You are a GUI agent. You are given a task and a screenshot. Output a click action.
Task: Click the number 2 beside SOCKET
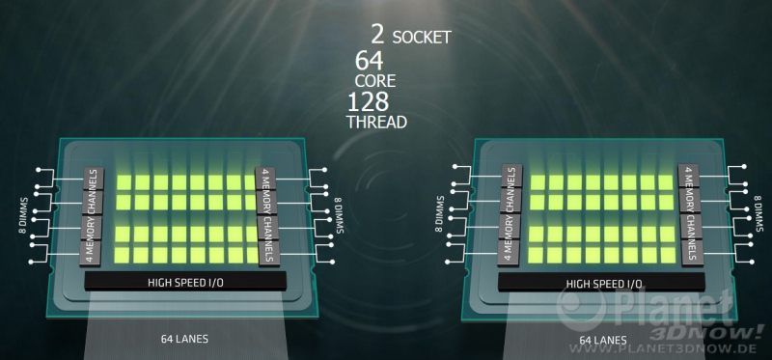point(377,35)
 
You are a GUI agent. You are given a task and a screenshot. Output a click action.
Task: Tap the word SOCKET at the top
point(422,38)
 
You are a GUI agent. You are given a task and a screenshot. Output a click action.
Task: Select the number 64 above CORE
point(369,61)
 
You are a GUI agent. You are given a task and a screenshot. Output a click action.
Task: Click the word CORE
point(375,81)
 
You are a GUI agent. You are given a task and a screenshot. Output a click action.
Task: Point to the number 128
point(369,102)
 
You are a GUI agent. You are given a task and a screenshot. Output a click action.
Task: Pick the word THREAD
point(376,122)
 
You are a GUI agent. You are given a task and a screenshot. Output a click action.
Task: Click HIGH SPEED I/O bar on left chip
point(185,281)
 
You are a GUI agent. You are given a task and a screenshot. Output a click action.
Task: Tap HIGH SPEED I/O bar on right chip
point(601,283)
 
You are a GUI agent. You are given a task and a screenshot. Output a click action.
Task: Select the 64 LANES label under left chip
point(184,339)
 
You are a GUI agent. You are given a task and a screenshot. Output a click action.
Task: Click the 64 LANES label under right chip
point(603,340)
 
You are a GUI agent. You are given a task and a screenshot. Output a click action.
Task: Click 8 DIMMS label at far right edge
point(758,213)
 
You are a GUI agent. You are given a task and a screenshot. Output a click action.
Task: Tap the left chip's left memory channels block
point(92,217)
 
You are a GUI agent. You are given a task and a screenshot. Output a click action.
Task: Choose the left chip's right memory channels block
point(267,217)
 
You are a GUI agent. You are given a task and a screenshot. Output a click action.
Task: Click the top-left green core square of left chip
point(124,182)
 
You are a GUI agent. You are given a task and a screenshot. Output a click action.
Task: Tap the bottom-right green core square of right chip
point(668,255)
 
